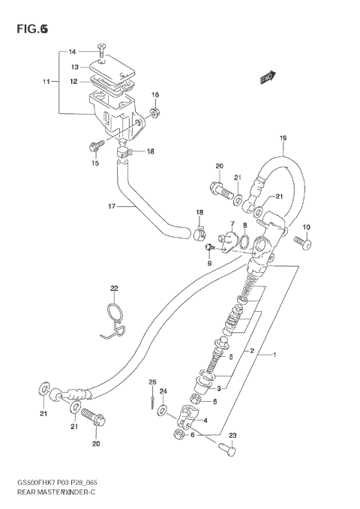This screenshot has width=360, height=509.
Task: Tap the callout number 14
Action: [73, 52]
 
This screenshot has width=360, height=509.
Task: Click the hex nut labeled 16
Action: [154, 113]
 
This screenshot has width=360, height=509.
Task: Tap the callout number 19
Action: [283, 138]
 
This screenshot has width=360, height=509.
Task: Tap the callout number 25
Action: [151, 383]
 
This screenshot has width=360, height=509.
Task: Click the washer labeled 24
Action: [163, 413]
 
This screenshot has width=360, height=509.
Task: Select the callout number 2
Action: [253, 350]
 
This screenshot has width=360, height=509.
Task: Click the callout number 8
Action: [244, 224]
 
